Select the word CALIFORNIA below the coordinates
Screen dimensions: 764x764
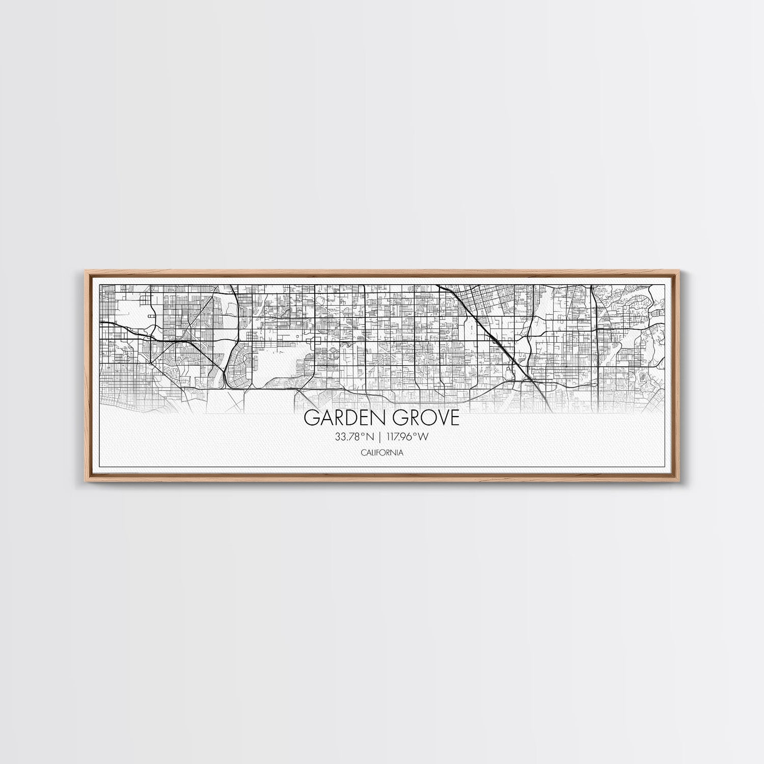point(381,452)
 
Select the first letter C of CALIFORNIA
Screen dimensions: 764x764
point(362,452)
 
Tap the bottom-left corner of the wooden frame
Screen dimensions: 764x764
point(81,482)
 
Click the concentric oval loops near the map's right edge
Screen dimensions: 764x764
point(643,377)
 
